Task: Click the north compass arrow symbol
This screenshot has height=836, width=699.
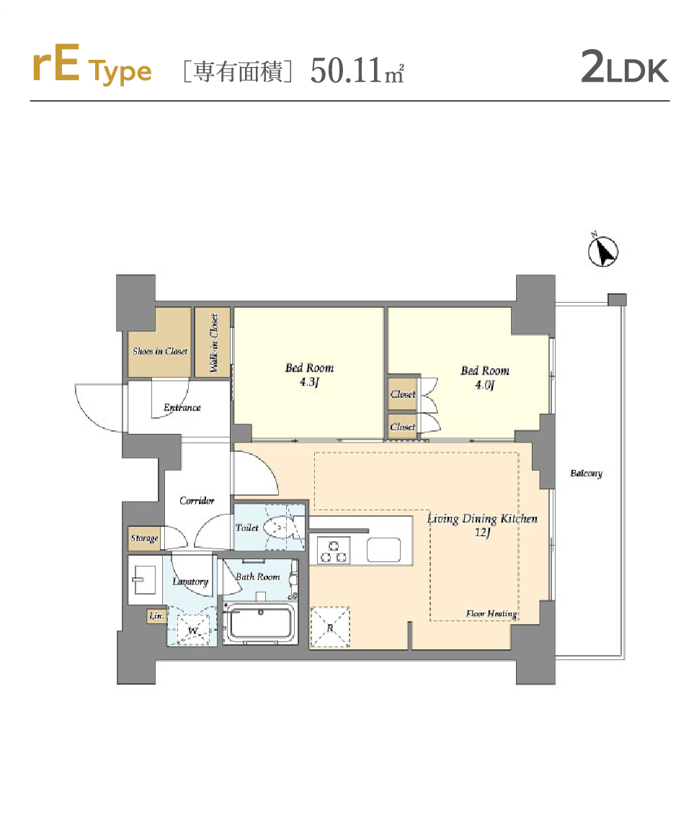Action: (x=603, y=251)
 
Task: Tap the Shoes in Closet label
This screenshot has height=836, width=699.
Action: (x=160, y=351)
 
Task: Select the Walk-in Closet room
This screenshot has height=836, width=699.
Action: (x=212, y=342)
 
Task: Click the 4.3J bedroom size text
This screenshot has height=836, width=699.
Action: (x=309, y=382)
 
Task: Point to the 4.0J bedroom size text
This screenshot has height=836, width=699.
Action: (x=485, y=384)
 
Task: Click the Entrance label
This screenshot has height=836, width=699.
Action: (x=182, y=407)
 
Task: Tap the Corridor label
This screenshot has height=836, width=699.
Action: (x=197, y=501)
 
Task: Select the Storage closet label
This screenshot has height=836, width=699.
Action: (x=145, y=538)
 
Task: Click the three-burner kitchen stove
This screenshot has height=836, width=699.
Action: (x=333, y=551)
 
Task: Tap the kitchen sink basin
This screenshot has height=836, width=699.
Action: (x=383, y=550)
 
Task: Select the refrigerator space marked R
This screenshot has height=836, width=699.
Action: (x=330, y=627)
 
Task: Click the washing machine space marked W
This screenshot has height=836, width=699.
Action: (x=193, y=630)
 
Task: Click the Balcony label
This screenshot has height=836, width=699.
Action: (x=586, y=473)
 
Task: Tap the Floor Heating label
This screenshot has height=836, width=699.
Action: (x=491, y=614)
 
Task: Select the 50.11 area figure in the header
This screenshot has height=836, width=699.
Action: (x=346, y=70)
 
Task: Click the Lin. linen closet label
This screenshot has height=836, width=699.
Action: (x=156, y=615)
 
